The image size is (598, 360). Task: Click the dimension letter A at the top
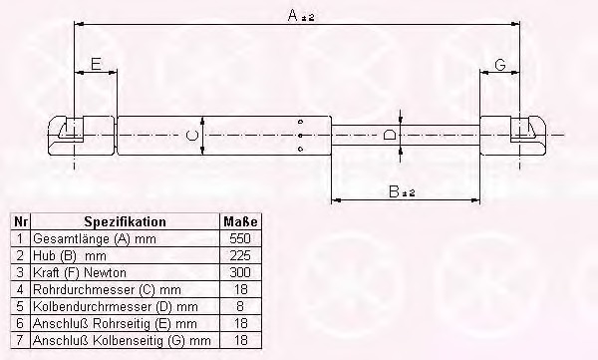tap(292, 15)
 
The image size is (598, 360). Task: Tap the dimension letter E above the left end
tap(96, 64)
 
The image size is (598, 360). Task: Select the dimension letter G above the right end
tap(500, 65)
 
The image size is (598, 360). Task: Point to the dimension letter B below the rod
tap(394, 191)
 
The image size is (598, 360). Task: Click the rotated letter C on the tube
tap(191, 136)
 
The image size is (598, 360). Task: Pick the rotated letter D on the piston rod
tap(389, 135)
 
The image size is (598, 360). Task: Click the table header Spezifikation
tap(126, 221)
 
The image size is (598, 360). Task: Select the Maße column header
tap(240, 221)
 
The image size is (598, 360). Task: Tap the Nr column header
tap(20, 221)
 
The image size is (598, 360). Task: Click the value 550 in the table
tap(240, 238)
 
